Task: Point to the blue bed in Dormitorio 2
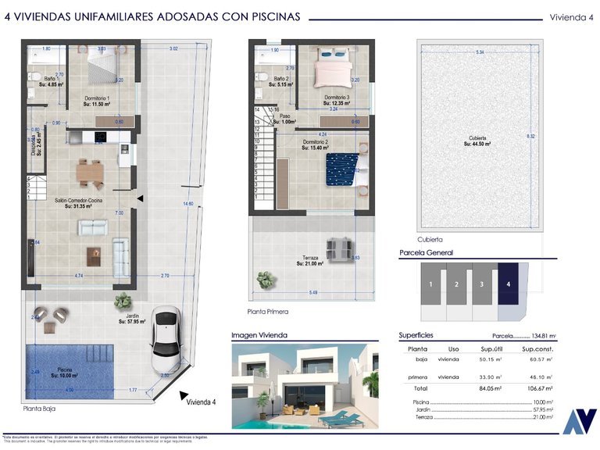[342, 168]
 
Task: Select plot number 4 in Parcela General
[508, 284]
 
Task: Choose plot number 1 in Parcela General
[430, 284]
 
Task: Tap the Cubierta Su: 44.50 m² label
[477, 141]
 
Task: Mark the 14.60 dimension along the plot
[187, 204]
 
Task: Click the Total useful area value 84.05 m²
[491, 388]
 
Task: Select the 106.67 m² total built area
[537, 388]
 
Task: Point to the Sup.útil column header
[491, 348]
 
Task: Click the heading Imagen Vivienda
[259, 335]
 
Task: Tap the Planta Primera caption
[267, 312]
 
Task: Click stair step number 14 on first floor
[257, 110]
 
